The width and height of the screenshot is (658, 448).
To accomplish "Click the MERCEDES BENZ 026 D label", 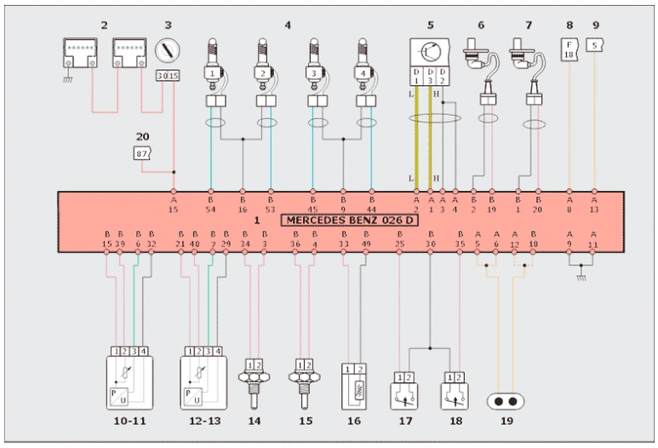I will pyautogui.click(x=350, y=221).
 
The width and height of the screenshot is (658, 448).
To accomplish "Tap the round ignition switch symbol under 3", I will pyautogui.click(x=168, y=48).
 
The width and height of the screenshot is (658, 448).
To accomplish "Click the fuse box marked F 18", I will pyautogui.click(x=569, y=49).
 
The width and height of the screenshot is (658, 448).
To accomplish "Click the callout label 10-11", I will pyautogui.click(x=130, y=420).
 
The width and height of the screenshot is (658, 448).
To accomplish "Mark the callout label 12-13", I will pyautogui.click(x=204, y=420).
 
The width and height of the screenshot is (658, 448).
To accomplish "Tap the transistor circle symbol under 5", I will pyautogui.click(x=431, y=50).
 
